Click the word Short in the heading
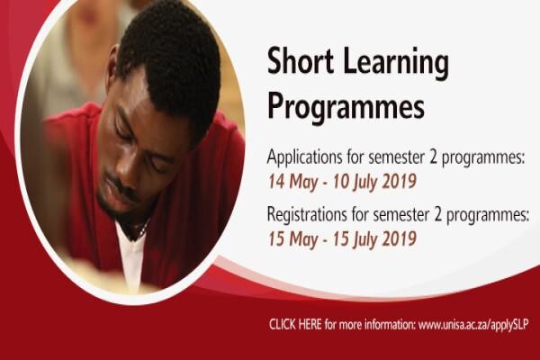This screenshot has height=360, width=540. click(301, 62)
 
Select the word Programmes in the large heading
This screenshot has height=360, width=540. click(346, 107)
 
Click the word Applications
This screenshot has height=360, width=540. click(304, 157)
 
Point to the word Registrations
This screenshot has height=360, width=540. click(307, 215)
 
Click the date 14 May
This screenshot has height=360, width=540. click(292, 182)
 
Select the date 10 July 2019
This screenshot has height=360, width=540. click(374, 182)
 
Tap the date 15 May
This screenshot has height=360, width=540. click(292, 239)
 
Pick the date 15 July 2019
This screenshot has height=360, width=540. click(374, 239)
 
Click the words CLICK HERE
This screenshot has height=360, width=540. click(295, 325)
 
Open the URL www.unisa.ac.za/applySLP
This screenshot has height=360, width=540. click(473, 325)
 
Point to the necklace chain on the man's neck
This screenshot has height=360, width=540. click(143, 230)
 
